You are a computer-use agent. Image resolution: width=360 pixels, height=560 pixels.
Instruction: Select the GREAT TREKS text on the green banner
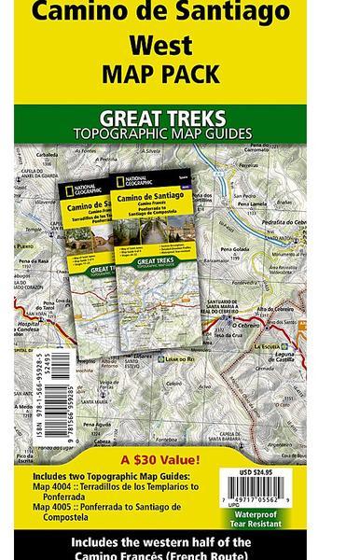(x=162, y=119)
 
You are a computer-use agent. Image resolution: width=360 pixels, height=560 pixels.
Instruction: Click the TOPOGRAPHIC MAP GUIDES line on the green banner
(x=162, y=133)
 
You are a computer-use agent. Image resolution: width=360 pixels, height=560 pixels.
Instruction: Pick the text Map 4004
(x=56, y=486)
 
